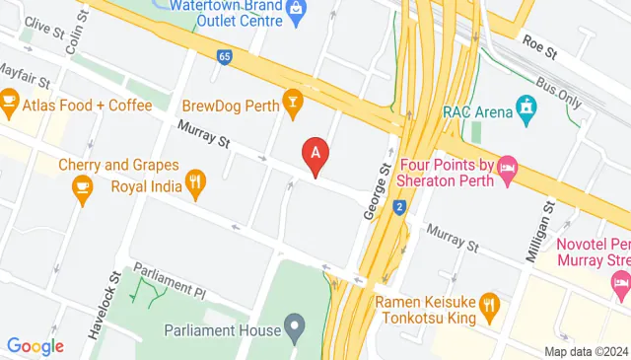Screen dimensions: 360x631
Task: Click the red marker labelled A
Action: click(x=315, y=155)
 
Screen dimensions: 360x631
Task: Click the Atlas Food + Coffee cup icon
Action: click(x=11, y=100)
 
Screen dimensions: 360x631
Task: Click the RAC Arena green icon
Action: click(x=527, y=106)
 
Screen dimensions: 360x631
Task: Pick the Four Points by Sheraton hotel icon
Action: click(x=508, y=170)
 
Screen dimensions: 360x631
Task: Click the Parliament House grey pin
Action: click(x=294, y=324)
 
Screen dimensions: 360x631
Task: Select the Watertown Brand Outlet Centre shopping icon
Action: click(x=295, y=8)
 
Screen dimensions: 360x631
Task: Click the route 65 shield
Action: click(x=225, y=57)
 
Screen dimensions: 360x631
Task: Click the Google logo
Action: click(x=35, y=345)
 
